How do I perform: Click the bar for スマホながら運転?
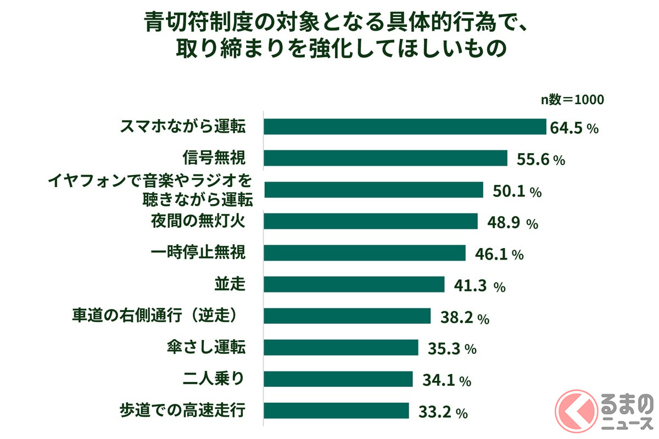pyautogui.click(x=405, y=127)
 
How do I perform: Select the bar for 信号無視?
pyautogui.click(x=386, y=158)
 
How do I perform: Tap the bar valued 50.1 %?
pyautogui.click(x=373, y=190)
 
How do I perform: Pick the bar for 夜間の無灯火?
pyautogui.click(x=371, y=221)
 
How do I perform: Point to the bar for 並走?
pyautogui.click(x=354, y=284)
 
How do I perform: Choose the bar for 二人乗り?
pyautogui.click(x=338, y=379)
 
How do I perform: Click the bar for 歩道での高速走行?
pyautogui.click(x=337, y=410)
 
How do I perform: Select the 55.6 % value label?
pyautogui.click(x=541, y=160)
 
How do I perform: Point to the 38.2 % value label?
pyautogui.click(x=465, y=318)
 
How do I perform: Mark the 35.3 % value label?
pyautogui.click(x=452, y=349)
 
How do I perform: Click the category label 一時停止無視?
pyautogui.click(x=198, y=253)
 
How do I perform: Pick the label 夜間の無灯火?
pyautogui.click(x=198, y=221)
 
